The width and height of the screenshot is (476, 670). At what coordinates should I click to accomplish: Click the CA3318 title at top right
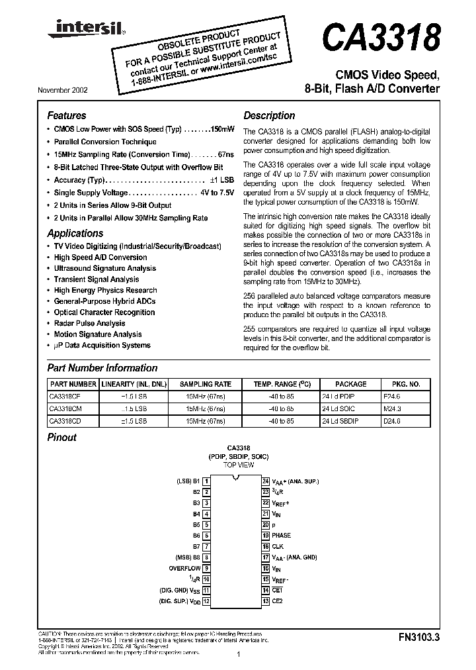pos(380,38)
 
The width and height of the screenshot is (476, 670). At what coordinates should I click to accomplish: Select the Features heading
pos(67,115)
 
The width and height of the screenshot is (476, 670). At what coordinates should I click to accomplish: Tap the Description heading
pos(269,115)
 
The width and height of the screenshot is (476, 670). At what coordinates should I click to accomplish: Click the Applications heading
pos(75,233)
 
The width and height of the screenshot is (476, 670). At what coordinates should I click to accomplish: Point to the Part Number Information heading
pos(102,368)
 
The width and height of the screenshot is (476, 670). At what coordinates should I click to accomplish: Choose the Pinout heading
pos(62,438)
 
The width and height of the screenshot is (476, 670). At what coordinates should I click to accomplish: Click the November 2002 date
pos(66,90)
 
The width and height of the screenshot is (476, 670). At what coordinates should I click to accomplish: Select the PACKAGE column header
pos(350,384)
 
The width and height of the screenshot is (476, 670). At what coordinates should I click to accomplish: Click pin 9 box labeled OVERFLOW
pos(206,568)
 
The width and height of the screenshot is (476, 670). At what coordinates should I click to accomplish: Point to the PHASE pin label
pos(281,535)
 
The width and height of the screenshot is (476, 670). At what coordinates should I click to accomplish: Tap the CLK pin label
pos(278,546)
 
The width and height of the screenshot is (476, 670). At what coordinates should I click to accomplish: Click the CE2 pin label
pos(278,601)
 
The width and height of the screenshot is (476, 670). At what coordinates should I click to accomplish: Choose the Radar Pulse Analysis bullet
pos(89,323)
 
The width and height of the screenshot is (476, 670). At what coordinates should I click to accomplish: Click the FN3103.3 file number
pos(418,638)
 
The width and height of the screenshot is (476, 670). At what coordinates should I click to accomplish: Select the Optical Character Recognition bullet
pos(104,312)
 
